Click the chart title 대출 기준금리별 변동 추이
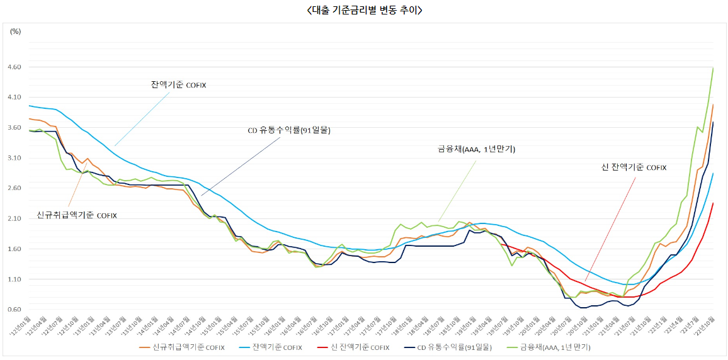click(364, 10)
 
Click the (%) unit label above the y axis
click(16, 31)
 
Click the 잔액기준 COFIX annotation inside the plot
click(178, 85)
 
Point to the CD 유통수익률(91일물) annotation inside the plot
click(288, 131)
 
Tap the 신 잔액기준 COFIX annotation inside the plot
click(634, 167)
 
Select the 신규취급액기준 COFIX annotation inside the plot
click(77, 215)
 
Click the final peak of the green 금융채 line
click(713, 67)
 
